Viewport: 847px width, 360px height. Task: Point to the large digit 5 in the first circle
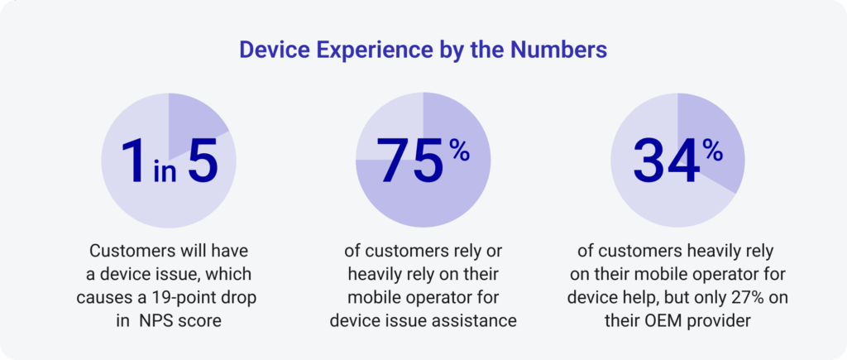pos(202,159)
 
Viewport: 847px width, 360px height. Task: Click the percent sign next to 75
pos(459,148)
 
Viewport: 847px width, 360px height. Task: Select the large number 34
pos(663,159)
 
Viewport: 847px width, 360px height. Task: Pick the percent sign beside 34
pos(712,148)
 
